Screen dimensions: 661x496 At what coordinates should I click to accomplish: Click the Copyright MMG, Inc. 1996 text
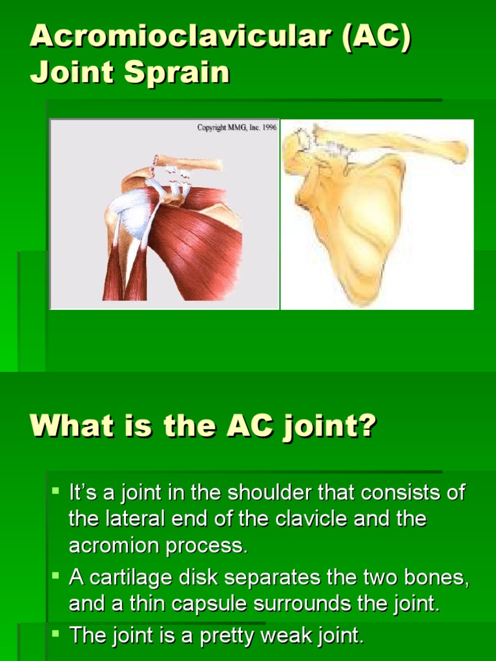236,127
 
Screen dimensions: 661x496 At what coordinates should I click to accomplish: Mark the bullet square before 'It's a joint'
56,491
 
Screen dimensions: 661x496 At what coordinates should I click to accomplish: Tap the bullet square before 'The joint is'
56,635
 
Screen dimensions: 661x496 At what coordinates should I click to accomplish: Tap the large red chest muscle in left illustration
200,245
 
